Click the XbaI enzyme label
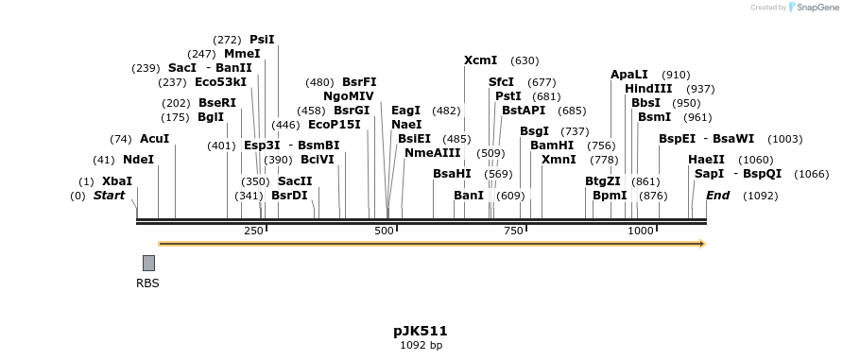tap(117, 181)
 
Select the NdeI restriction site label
tap(138, 160)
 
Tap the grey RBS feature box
tap(148, 263)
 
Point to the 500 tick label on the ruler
tap(384, 231)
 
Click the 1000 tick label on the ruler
tap(641, 231)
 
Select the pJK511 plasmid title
tap(421, 331)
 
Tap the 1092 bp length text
tap(421, 345)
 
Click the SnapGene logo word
tap(813, 8)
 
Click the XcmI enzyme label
tap(481, 60)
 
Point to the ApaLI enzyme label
tap(629, 75)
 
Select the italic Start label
tap(109, 196)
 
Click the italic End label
tap(718, 196)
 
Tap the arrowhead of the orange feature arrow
tap(701, 244)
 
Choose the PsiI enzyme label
tap(262, 40)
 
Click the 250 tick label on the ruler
tap(253, 231)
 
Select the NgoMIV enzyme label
tap(349, 96)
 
